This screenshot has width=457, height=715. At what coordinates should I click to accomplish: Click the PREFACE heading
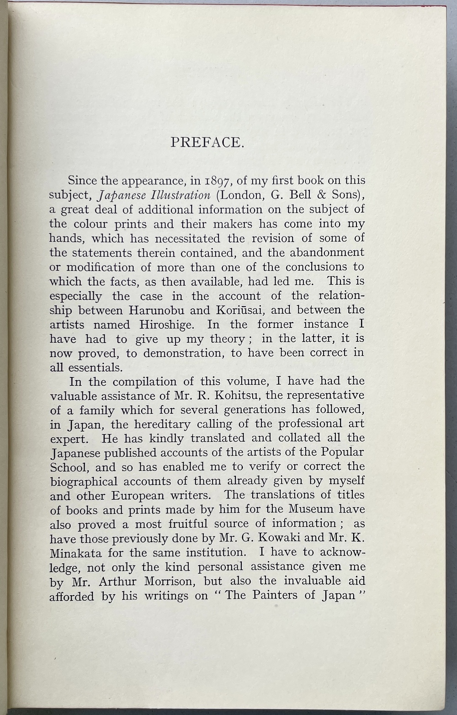[x=207, y=143]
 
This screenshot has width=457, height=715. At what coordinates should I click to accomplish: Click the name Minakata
[x=76, y=552]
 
